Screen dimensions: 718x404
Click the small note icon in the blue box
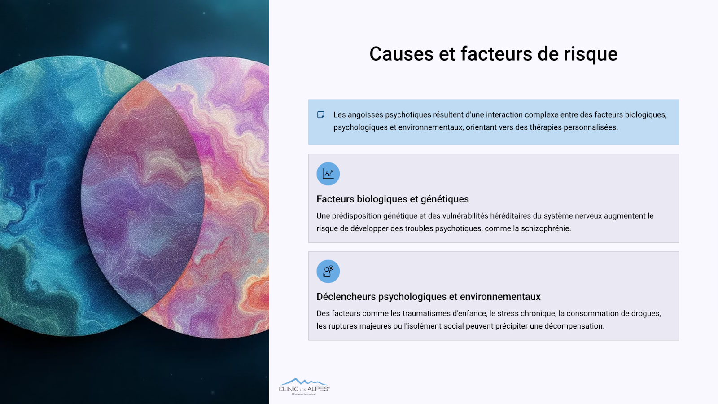click(320, 115)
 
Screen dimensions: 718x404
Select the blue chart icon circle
click(328, 174)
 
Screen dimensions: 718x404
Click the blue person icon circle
click(328, 271)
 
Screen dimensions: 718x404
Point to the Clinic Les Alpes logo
click(304, 386)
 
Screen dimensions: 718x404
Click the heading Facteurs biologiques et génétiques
click(392, 199)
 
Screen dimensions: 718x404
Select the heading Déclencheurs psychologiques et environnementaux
click(428, 297)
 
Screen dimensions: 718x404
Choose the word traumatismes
click(426, 314)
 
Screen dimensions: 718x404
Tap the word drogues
click(646, 314)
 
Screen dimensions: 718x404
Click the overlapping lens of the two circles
click(143, 197)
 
